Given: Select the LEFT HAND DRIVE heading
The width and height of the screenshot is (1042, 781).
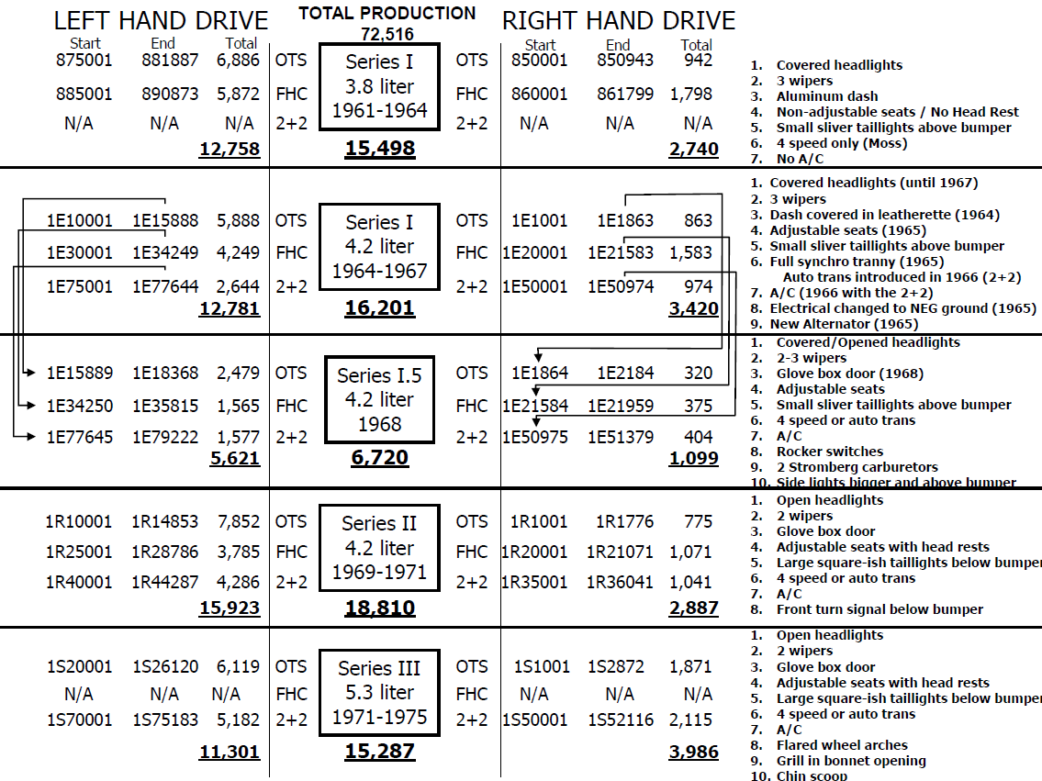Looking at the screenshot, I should [161, 20].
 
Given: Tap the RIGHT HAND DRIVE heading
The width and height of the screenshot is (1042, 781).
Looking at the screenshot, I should [618, 20].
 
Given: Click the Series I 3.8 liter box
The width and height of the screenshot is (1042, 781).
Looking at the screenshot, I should [379, 87].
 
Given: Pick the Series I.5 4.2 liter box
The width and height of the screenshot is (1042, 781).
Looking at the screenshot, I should [379, 400].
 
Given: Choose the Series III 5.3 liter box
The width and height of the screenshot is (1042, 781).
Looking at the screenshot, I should [379, 693].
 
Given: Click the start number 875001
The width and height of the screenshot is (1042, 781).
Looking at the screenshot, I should [79, 62].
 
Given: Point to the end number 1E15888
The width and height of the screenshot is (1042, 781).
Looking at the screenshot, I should [164, 221].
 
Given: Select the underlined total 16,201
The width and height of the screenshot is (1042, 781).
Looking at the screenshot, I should [379, 309].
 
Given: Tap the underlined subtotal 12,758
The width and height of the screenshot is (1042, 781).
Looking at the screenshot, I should [229, 149].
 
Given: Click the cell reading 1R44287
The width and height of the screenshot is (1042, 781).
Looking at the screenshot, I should [164, 582].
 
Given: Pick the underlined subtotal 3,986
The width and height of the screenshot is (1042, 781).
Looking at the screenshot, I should [693, 753].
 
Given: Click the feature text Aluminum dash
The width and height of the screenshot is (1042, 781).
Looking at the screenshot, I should [827, 96].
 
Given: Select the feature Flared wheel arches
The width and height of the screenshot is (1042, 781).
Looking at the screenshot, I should [842, 745].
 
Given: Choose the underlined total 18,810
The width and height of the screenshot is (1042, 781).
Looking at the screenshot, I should [379, 608].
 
